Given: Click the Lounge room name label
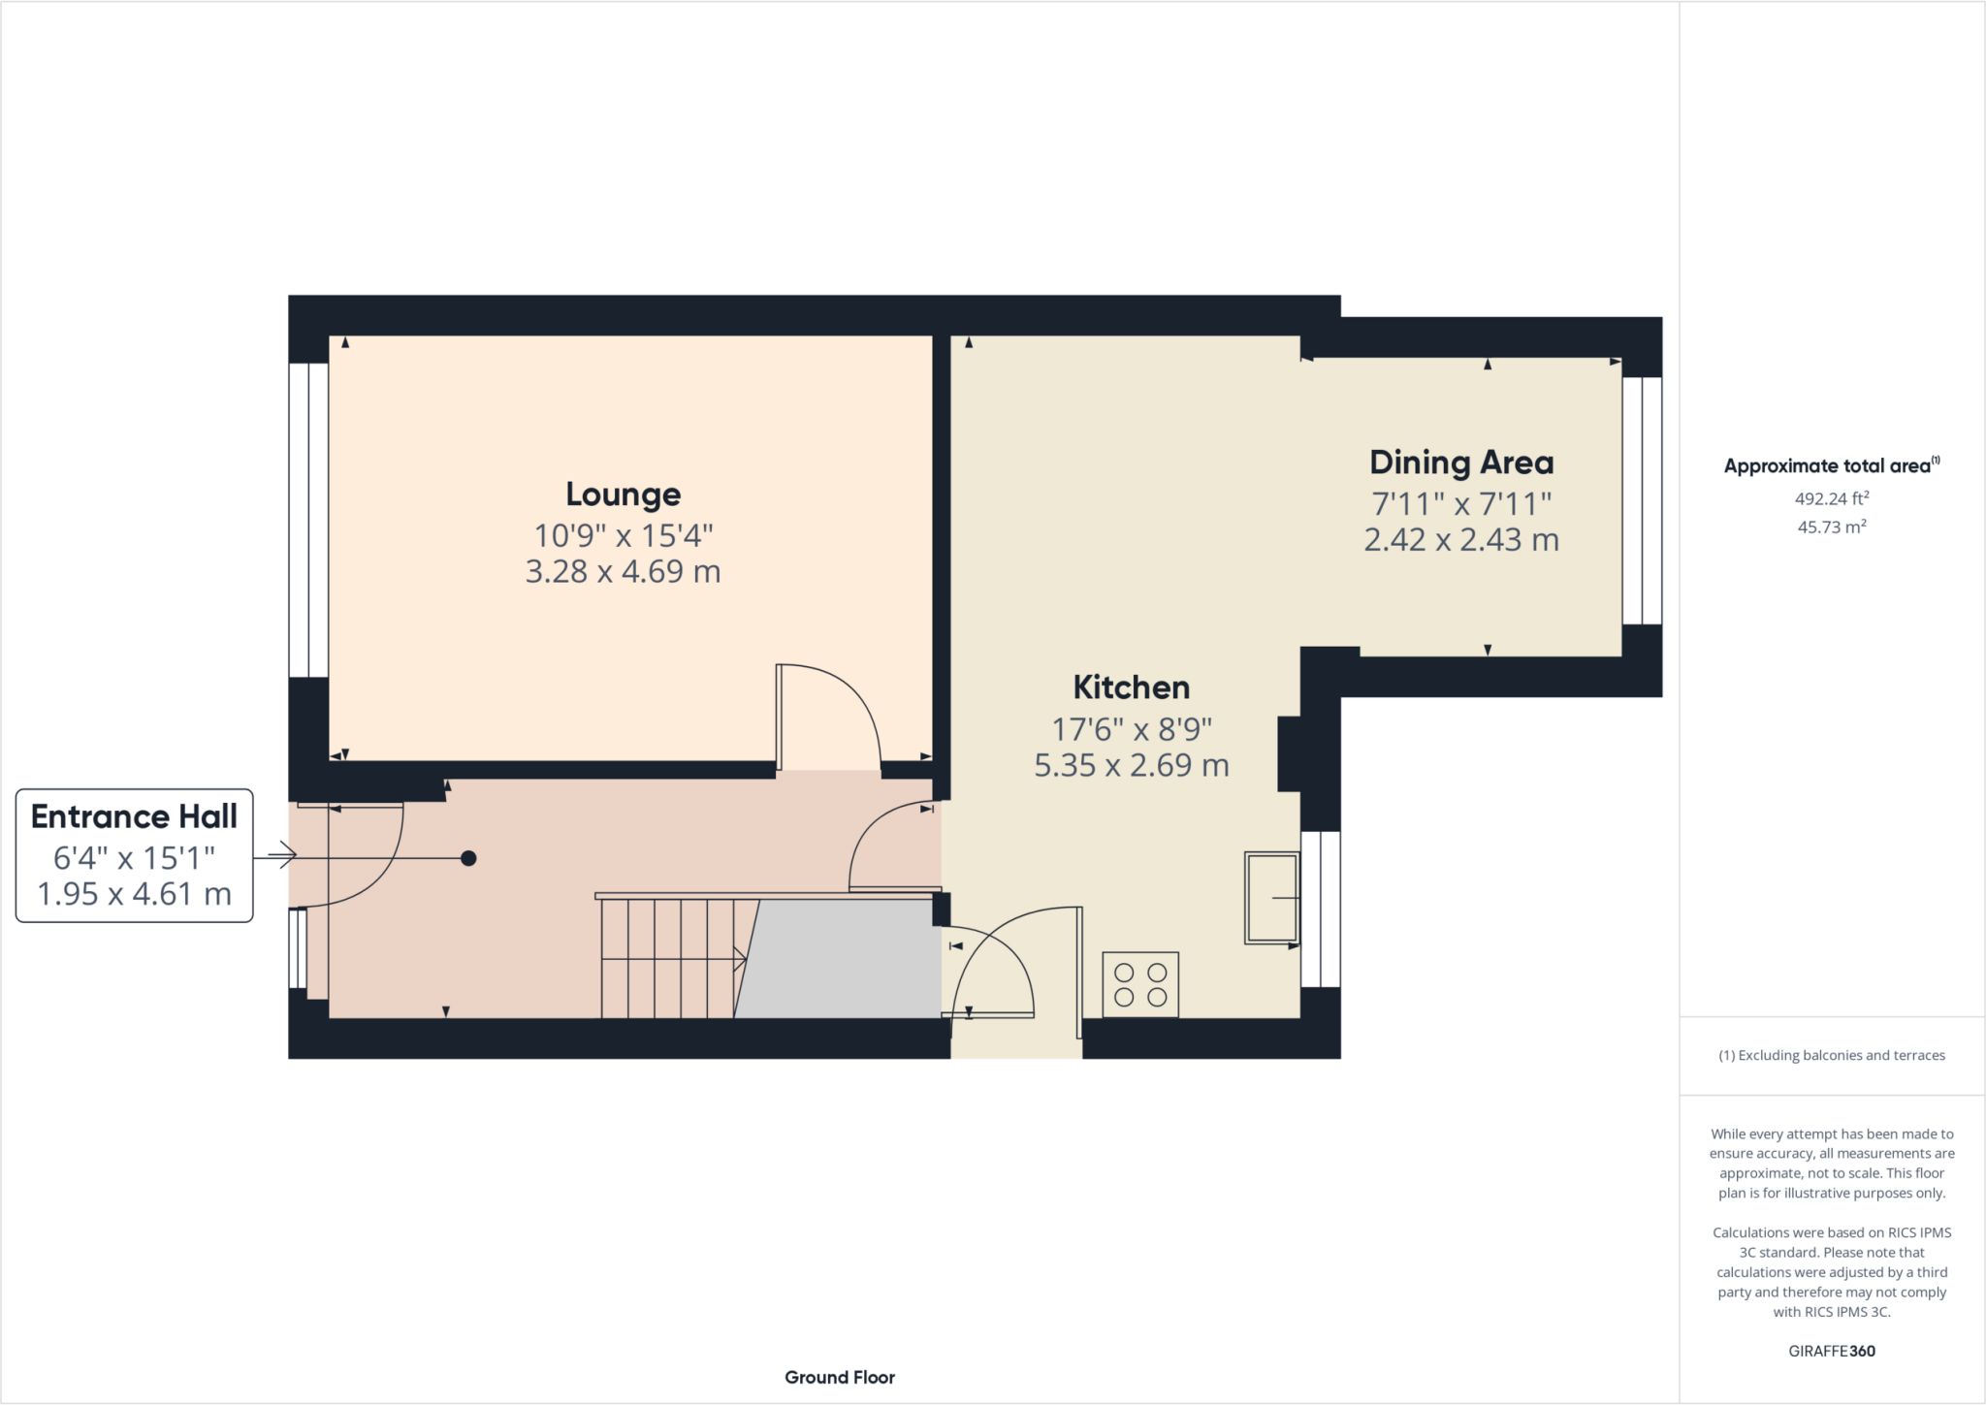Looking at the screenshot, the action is tap(624, 495).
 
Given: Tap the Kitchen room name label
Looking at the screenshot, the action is tap(1132, 687).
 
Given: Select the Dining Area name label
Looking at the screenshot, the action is tap(1461, 463).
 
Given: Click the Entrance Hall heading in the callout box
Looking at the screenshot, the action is tap(134, 816).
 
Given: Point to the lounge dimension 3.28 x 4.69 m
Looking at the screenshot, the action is tap(624, 571).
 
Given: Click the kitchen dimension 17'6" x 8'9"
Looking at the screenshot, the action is tap(1132, 728).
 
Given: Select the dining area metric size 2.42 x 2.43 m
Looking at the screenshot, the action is tap(1461, 539).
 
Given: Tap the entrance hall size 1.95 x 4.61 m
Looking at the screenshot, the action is tap(134, 893).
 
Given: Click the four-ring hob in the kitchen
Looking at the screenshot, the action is tap(1140, 984).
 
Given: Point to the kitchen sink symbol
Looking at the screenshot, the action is tap(1272, 898).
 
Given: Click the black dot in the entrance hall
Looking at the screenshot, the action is tap(468, 858).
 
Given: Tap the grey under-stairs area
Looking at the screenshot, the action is tap(839, 959).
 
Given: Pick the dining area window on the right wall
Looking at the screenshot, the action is tap(1643, 500).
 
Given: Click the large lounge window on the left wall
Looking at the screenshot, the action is tap(308, 521).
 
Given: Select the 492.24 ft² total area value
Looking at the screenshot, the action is tap(1832, 499).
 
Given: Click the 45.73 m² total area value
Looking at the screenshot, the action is tap(1832, 527).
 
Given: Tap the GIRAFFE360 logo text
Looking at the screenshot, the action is tap(1832, 1351).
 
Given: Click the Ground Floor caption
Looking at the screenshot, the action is tap(840, 1377).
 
